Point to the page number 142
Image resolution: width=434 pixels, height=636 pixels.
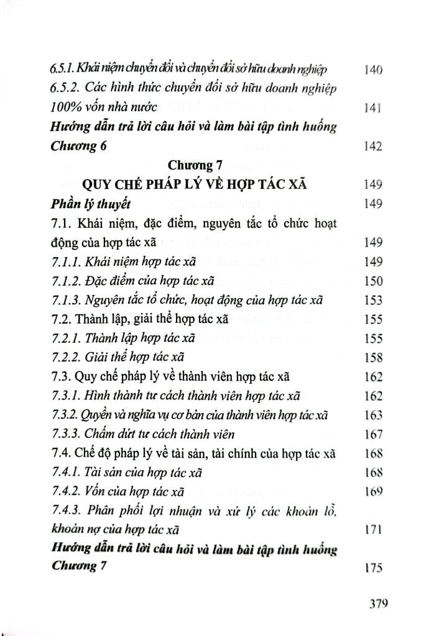tap(371, 147)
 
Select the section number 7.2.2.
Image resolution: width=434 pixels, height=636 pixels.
tap(63, 358)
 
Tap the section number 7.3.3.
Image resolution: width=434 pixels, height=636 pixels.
tap(63, 434)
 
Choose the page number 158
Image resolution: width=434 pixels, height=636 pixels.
tap(371, 358)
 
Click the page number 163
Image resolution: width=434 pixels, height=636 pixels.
tap(371, 415)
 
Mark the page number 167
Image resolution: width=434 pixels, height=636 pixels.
tap(371, 434)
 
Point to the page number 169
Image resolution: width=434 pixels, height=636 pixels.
tap(371, 491)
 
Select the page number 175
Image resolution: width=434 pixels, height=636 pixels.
tap(371, 567)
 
